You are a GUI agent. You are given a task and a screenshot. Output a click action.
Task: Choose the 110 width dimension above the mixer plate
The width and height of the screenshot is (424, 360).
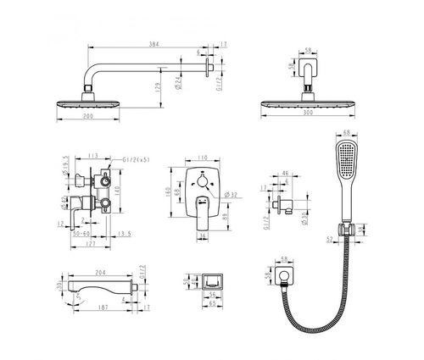[203, 158]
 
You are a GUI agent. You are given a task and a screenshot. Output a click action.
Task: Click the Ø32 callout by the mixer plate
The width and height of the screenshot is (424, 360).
[228, 194]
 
